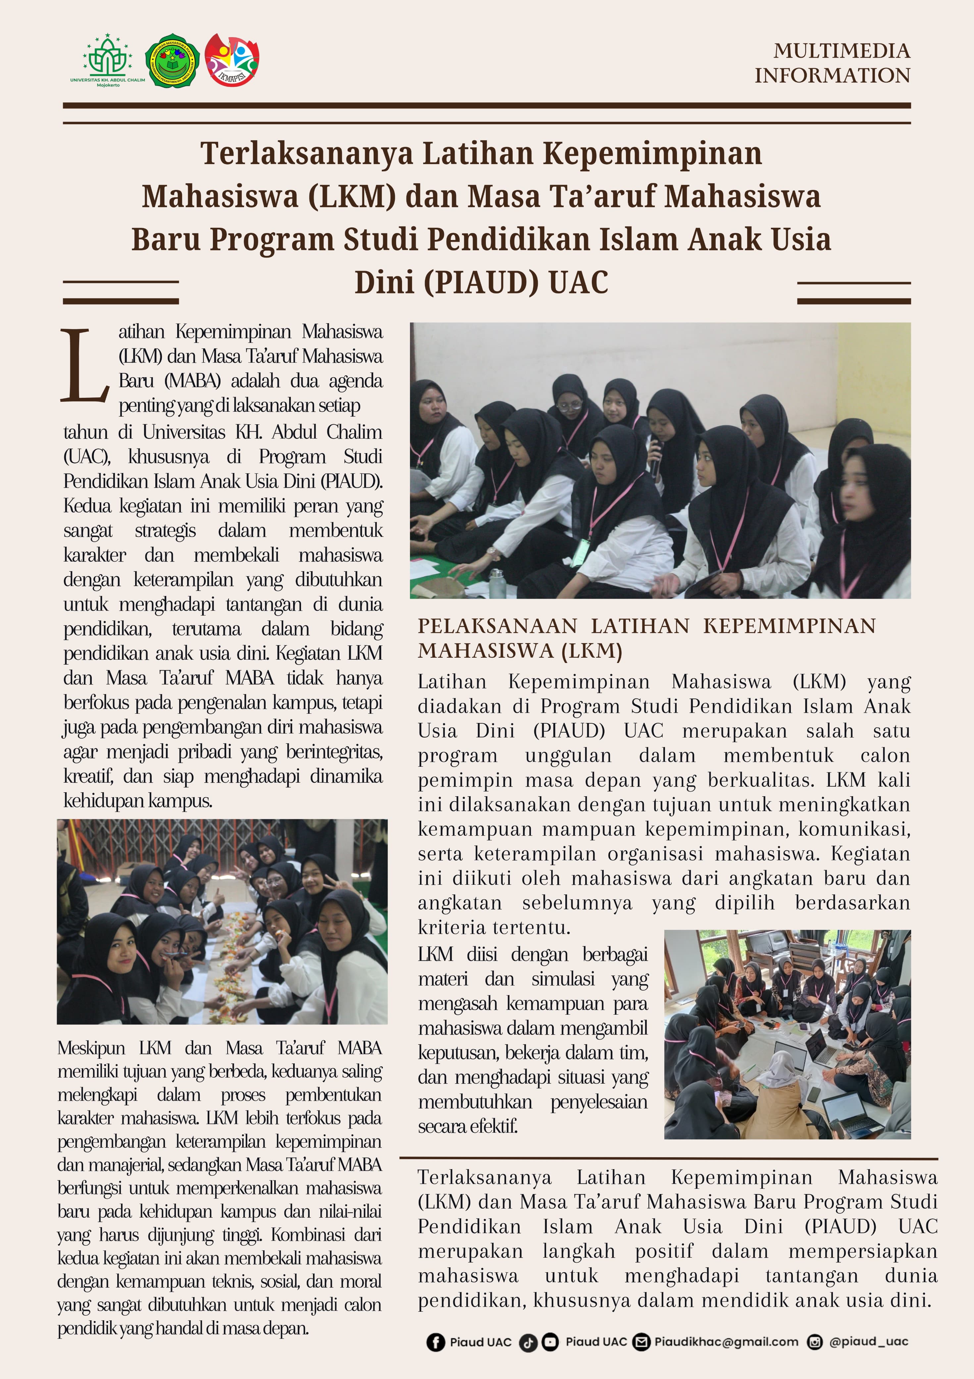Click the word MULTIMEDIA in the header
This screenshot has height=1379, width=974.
pos(842,51)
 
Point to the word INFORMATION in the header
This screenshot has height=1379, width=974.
pos(832,76)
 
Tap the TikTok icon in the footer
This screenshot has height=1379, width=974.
pos(528,1342)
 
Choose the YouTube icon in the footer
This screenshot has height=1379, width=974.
pos(550,1342)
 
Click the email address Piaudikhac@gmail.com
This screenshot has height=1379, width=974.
pos(726,1342)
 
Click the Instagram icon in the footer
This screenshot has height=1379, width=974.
pos(814,1342)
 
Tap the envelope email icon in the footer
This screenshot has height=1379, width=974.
pos(641,1342)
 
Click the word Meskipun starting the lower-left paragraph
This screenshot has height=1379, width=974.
pos(91,1048)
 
